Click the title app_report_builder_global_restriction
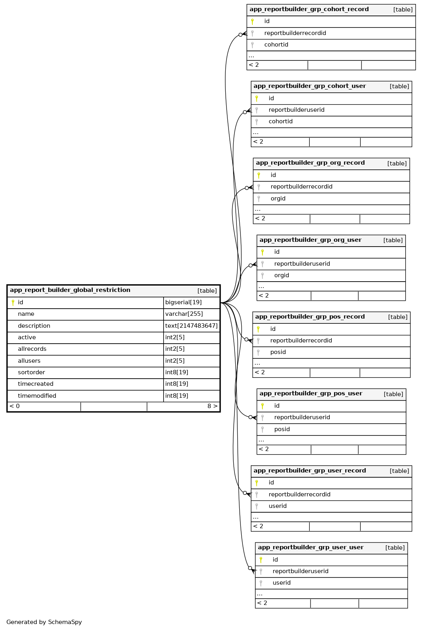[70, 290]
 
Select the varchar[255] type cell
[184, 314]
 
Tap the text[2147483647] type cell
[191, 326]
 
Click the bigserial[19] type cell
[184, 303]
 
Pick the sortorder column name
[31, 373]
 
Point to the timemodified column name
[37, 396]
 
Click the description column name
[34, 326]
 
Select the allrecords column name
[32, 349]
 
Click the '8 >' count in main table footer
[212, 406]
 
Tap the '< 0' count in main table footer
[15, 406]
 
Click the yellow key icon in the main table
[13, 303]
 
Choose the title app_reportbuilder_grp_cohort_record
[309, 10]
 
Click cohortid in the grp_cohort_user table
[281, 122]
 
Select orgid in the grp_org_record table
[278, 199]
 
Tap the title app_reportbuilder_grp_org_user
[311, 240]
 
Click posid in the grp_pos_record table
[278, 352]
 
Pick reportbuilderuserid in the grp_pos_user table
[302, 418]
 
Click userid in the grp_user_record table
[277, 506]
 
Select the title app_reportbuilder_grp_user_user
[311, 548]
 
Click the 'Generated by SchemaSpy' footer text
[44, 622]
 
